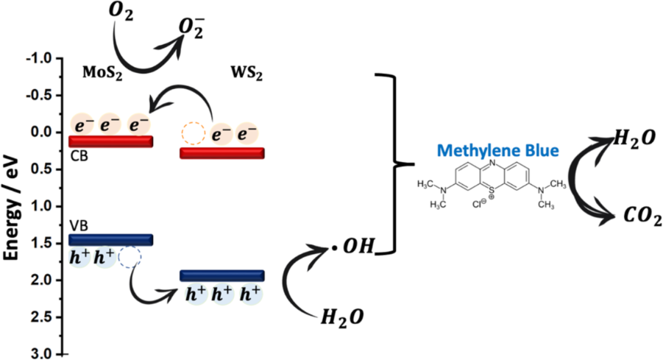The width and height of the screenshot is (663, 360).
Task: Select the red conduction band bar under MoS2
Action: coord(110,141)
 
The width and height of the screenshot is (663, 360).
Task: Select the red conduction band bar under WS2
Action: coord(221,152)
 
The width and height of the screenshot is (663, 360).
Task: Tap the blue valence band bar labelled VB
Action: coord(110,240)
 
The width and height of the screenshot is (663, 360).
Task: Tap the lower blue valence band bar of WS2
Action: coord(221,275)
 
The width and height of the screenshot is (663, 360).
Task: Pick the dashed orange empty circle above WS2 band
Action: coord(192,133)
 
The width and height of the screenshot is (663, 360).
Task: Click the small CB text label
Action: coord(78,154)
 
